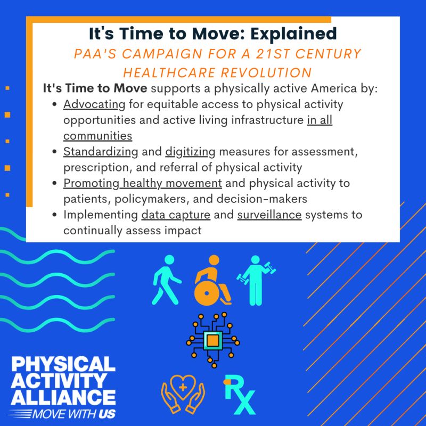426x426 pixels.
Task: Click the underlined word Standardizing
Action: pyautogui.click(x=101, y=152)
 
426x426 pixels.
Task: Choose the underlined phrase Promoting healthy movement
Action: pyautogui.click(x=142, y=183)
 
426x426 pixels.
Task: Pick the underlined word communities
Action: pyautogui.click(x=97, y=135)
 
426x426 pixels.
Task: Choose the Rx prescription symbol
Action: pyautogui.click(x=239, y=395)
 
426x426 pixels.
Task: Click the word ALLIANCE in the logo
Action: pyautogui.click(x=63, y=397)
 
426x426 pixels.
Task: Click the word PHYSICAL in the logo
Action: pyautogui.click(x=63, y=364)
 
